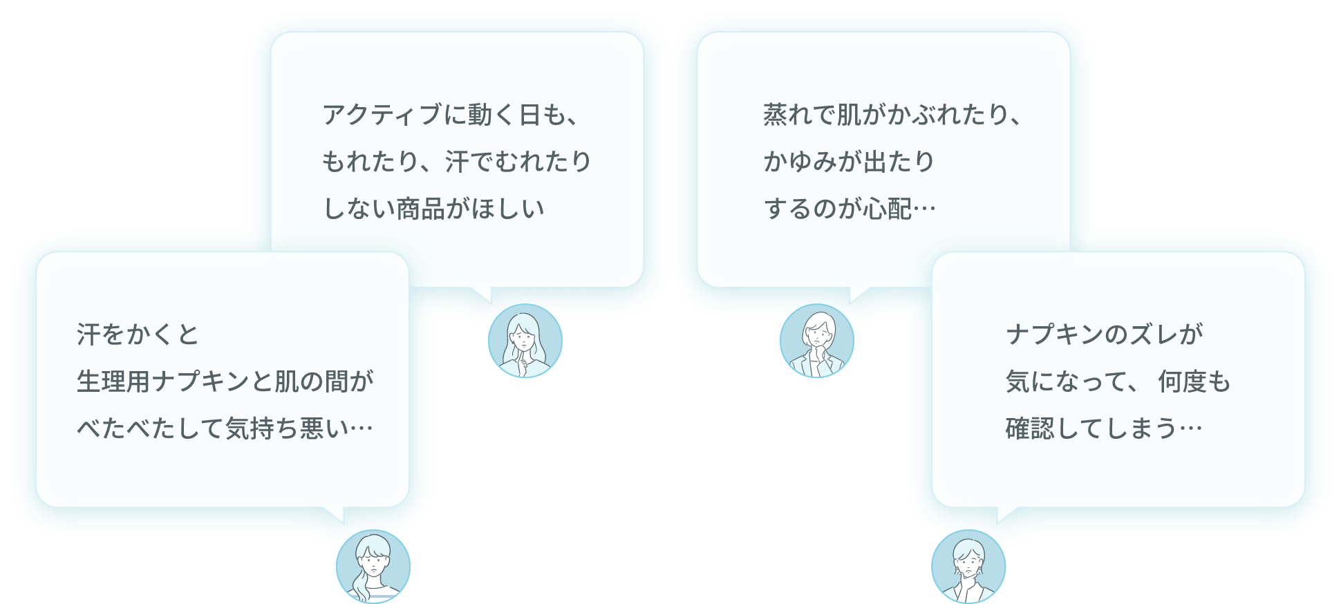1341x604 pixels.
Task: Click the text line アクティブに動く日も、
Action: click(x=451, y=115)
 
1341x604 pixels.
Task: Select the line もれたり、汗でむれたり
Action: click(x=457, y=162)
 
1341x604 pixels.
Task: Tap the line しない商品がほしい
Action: click(x=433, y=209)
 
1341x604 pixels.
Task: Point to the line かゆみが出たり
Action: click(x=849, y=162)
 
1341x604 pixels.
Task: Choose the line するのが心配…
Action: click(x=850, y=209)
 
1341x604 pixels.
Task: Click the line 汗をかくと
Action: click(x=138, y=335)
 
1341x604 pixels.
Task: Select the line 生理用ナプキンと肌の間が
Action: click(x=225, y=381)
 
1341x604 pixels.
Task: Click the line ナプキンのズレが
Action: click(x=1104, y=335)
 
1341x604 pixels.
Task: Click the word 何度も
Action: click(x=1194, y=381)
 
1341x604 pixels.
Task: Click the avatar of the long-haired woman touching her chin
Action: click(x=525, y=341)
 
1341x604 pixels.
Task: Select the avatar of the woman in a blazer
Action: click(x=817, y=341)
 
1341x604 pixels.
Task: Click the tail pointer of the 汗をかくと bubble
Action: click(x=335, y=515)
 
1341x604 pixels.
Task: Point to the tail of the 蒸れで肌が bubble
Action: click(x=857, y=295)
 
